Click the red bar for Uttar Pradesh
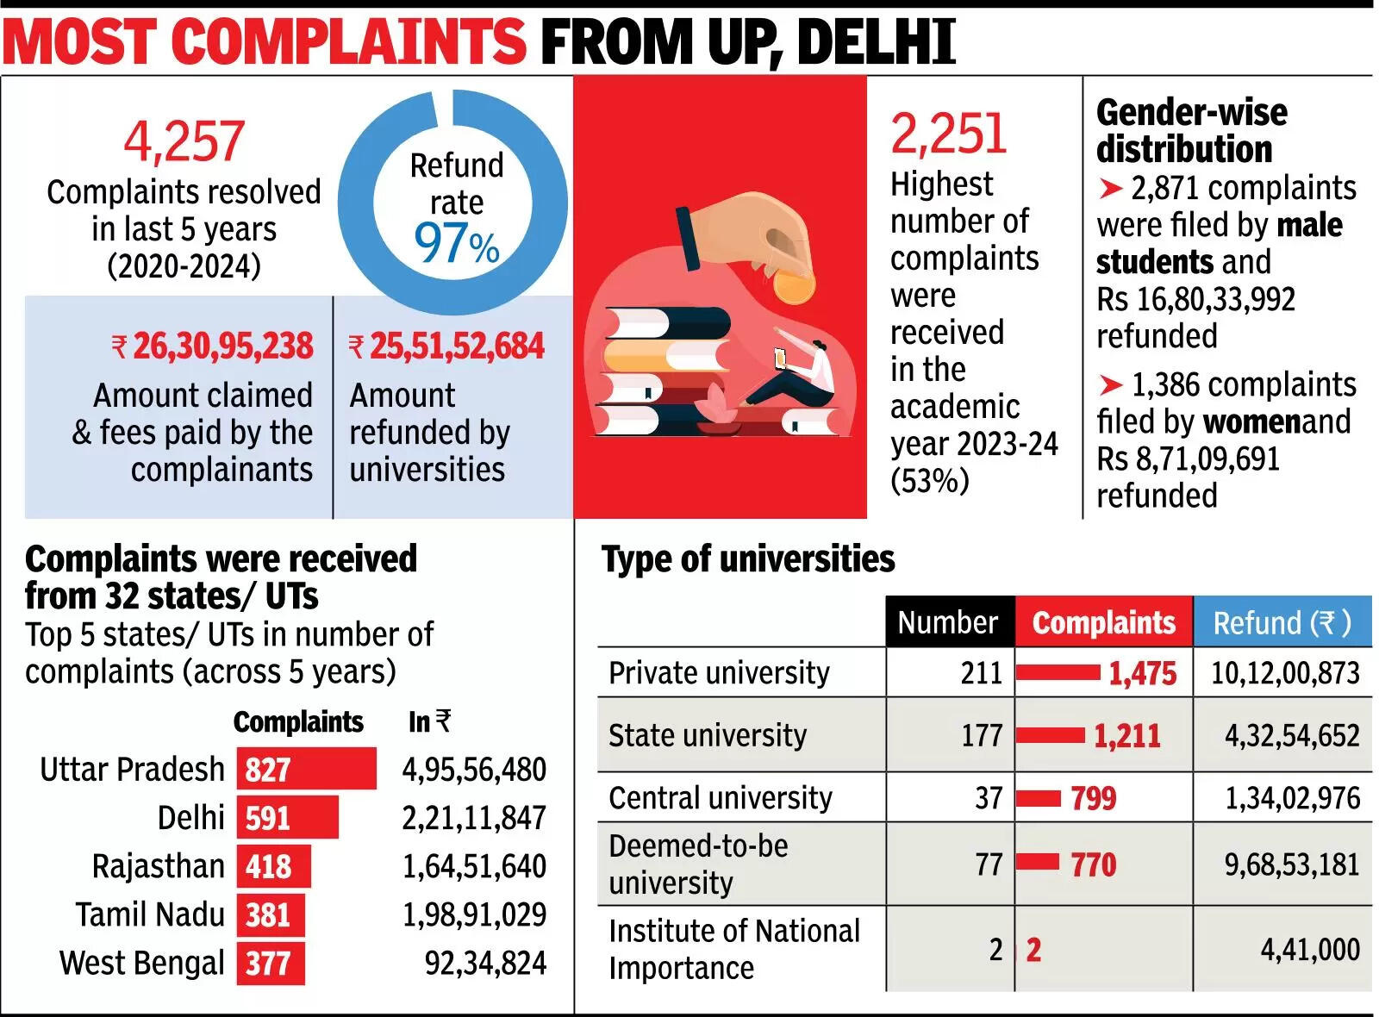point(307,769)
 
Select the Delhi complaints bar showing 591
point(287,817)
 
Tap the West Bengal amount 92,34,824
point(485,963)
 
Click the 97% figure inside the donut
point(456,243)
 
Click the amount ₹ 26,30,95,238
point(212,346)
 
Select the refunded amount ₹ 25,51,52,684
point(446,346)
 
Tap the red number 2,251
point(948,134)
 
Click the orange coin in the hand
point(793,285)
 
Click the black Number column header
point(948,621)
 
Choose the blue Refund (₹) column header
point(1282,621)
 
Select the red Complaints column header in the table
point(1103,621)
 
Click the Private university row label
point(719,672)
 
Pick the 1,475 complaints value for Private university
point(1142,673)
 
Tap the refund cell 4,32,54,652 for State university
point(1292,735)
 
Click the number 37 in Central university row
point(989,798)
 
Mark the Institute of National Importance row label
point(733,949)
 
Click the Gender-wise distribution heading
point(1190,131)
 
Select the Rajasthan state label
point(158,866)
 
